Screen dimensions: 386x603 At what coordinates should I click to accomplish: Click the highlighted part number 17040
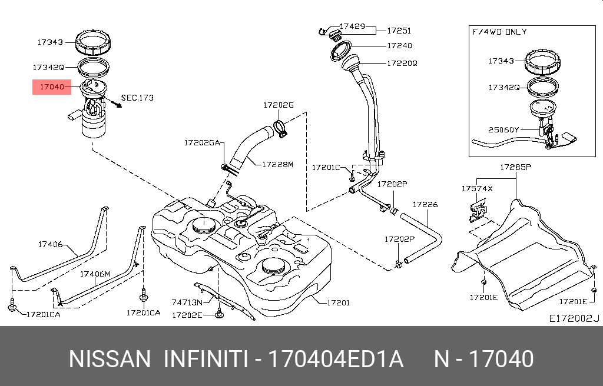pos(51,87)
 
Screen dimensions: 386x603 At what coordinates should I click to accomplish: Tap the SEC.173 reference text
pos(137,98)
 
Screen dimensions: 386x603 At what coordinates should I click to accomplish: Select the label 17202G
pos(278,105)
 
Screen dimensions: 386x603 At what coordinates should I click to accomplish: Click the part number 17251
pos(399,31)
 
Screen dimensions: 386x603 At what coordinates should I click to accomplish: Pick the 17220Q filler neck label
pos(402,63)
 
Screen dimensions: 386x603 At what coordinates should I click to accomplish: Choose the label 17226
pos(425,205)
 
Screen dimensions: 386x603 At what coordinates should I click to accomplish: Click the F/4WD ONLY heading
pos(499,32)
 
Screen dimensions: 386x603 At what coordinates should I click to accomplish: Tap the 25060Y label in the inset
pos(503,129)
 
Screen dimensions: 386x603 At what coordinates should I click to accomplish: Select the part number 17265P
pos(515,167)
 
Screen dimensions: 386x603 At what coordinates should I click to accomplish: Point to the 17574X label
pos(477,189)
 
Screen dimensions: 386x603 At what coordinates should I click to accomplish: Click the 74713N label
pos(187,302)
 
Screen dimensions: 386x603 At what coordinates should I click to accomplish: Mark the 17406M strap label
pos(95,274)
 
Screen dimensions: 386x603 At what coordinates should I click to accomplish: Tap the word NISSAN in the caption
pos(110,359)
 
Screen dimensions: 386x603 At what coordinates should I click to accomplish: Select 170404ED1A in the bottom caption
pos(336,359)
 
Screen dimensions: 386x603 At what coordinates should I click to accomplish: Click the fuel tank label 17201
pos(337,302)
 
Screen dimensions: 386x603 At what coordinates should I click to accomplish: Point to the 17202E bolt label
pos(187,315)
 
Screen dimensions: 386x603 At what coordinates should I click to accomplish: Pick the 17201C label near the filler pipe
pos(326,168)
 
